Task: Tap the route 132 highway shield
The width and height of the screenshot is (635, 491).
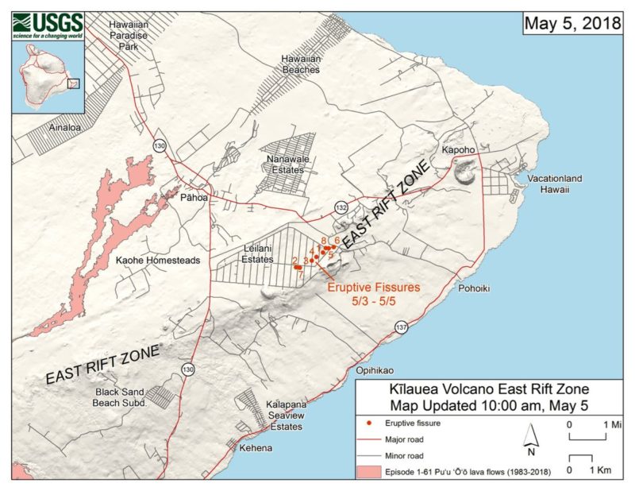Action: (341, 207)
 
